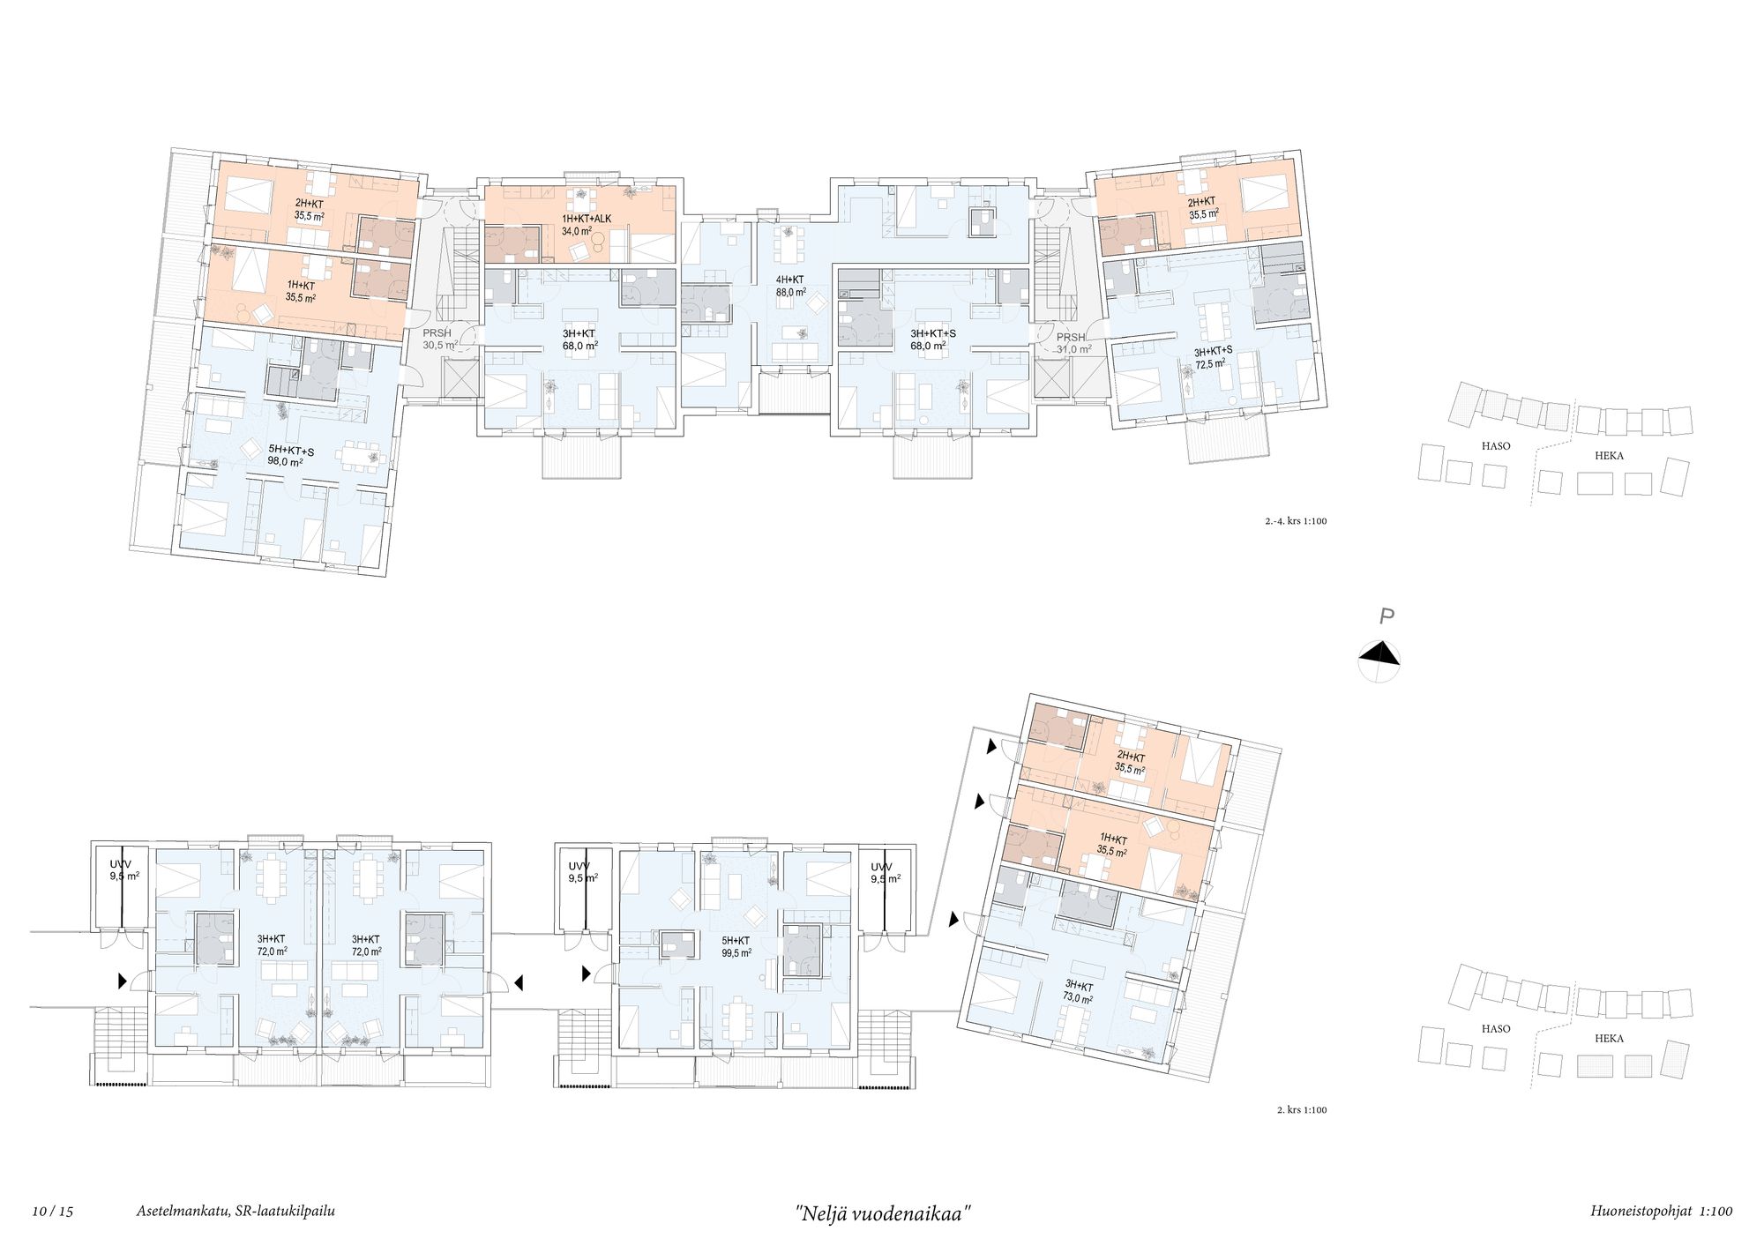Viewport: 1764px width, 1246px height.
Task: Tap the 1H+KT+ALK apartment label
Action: [587, 220]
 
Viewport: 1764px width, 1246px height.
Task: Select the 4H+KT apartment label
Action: [790, 280]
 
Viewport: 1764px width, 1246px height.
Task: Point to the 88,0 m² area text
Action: [791, 292]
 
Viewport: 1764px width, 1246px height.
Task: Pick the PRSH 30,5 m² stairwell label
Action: [438, 339]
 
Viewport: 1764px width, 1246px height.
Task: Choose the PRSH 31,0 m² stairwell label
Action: [1073, 343]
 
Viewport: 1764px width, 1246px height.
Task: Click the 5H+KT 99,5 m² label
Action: [736, 947]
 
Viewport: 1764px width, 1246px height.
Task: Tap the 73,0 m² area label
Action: [1078, 998]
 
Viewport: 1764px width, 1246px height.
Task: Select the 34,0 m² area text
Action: [577, 232]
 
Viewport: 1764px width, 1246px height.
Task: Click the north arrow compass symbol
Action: [1379, 660]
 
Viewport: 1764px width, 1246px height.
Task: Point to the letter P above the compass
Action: [1387, 617]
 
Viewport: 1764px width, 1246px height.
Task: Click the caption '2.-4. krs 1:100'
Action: [1296, 521]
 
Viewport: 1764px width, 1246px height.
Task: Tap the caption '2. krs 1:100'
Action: [1302, 1110]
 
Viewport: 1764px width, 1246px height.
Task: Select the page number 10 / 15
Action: [53, 1212]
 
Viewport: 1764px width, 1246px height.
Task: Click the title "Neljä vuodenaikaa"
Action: [883, 1213]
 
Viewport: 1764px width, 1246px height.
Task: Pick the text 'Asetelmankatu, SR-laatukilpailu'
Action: [235, 1212]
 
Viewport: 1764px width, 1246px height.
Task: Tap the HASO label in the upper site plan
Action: [1496, 446]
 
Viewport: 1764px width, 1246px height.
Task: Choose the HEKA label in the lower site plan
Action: [1609, 1039]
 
